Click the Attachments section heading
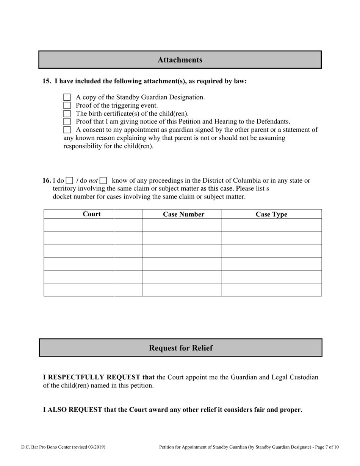coord(180,60)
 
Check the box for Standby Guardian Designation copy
coord(67,97)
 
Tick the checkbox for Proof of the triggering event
coord(67,105)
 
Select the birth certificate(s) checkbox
coord(67,114)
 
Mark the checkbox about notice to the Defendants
coord(67,122)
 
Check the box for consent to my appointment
coord(67,130)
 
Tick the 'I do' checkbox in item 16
coord(70,181)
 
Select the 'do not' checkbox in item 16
coord(103,181)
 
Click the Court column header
coord(92,214)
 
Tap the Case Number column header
coord(183,214)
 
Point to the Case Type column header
coord(271,214)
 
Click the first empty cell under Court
coord(93,225)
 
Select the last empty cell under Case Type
coord(271,290)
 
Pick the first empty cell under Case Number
coord(182,225)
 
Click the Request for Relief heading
coord(181,348)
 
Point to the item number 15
coord(47,81)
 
